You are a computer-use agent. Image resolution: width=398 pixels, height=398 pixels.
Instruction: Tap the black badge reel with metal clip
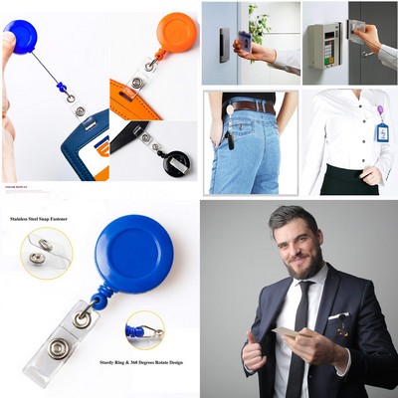[178, 161]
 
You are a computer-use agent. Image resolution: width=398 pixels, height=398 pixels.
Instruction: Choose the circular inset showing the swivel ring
[144, 329]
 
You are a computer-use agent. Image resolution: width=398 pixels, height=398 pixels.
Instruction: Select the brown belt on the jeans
[251, 105]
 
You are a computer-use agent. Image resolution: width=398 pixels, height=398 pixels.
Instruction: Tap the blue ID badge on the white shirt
[381, 132]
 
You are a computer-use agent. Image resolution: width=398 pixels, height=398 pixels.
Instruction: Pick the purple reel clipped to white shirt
[380, 110]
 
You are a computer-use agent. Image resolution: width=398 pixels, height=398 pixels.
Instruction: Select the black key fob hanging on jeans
[230, 135]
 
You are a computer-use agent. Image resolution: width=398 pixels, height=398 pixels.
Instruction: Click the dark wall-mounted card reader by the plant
[224, 43]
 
